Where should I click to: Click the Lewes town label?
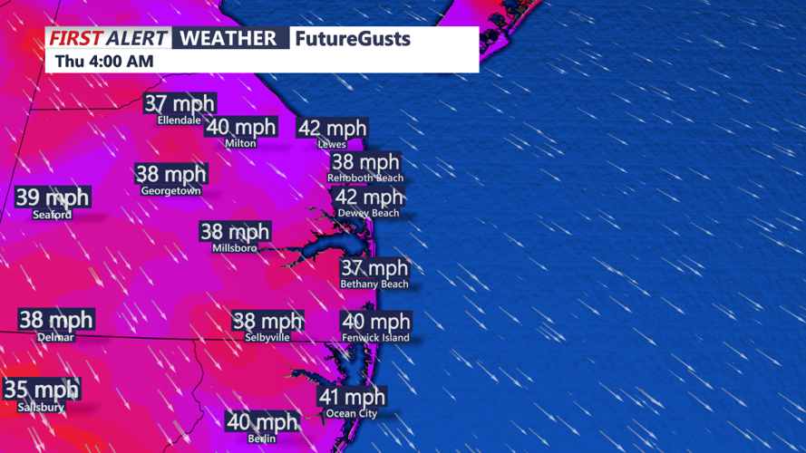coord(332,144)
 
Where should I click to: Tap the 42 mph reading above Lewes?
coord(333,128)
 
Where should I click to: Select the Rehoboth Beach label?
coord(365,178)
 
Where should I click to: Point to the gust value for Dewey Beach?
coord(369,197)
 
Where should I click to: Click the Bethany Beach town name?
coord(374,284)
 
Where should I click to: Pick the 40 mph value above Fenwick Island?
coord(376,321)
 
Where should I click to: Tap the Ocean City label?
coord(351,413)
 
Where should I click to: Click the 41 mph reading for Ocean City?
coord(352,396)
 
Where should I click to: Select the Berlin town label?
coord(261,439)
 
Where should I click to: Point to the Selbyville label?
coord(267,337)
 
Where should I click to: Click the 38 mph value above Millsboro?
coord(236,232)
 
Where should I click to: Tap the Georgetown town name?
coord(171,191)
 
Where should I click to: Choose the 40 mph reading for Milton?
coord(242,127)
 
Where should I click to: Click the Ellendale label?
coord(179,120)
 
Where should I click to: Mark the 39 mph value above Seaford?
coord(53,197)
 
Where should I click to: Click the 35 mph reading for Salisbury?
coord(41,390)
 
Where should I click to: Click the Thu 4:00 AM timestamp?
coord(103,61)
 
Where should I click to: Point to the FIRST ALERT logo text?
coord(108,38)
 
